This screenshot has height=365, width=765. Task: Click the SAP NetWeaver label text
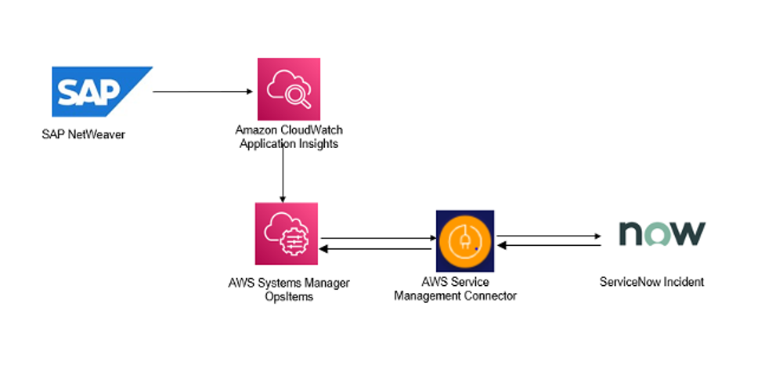tap(83, 134)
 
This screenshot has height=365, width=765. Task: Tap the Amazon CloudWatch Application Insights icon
tap(288, 89)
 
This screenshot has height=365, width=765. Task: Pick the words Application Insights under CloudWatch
tap(288, 143)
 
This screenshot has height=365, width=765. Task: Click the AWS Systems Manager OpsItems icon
tap(286, 233)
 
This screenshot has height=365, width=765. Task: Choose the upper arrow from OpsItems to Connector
tap(377, 238)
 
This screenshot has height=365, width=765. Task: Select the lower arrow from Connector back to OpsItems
tap(377, 249)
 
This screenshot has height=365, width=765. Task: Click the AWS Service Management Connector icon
tap(465, 240)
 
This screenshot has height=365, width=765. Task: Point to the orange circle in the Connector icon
tap(465, 240)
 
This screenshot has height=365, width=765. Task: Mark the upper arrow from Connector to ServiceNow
tap(547, 235)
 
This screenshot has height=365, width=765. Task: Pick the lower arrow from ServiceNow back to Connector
tap(547, 245)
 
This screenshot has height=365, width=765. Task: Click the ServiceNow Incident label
tap(661, 281)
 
